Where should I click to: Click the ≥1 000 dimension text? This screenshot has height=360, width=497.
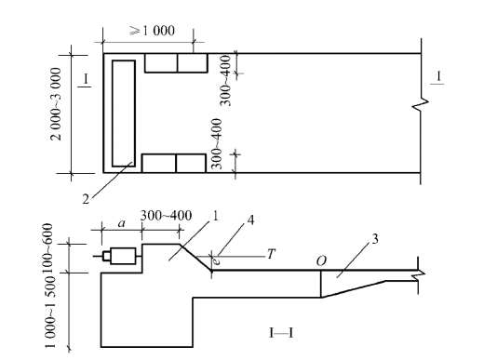tap(153, 31)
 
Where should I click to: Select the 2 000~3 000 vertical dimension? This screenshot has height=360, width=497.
tap(56, 104)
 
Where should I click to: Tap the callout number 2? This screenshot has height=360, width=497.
tap(86, 199)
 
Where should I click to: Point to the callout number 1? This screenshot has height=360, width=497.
tap(215, 216)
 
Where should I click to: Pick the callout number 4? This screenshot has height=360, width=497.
tap(250, 220)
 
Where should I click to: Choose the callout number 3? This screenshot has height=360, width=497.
tap(375, 239)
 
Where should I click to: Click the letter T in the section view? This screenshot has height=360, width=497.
tap(271, 254)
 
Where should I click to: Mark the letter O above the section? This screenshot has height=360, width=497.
tap(321, 261)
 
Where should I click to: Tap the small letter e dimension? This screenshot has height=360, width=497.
tap(216, 261)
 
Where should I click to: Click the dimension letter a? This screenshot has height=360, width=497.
tap(122, 224)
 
